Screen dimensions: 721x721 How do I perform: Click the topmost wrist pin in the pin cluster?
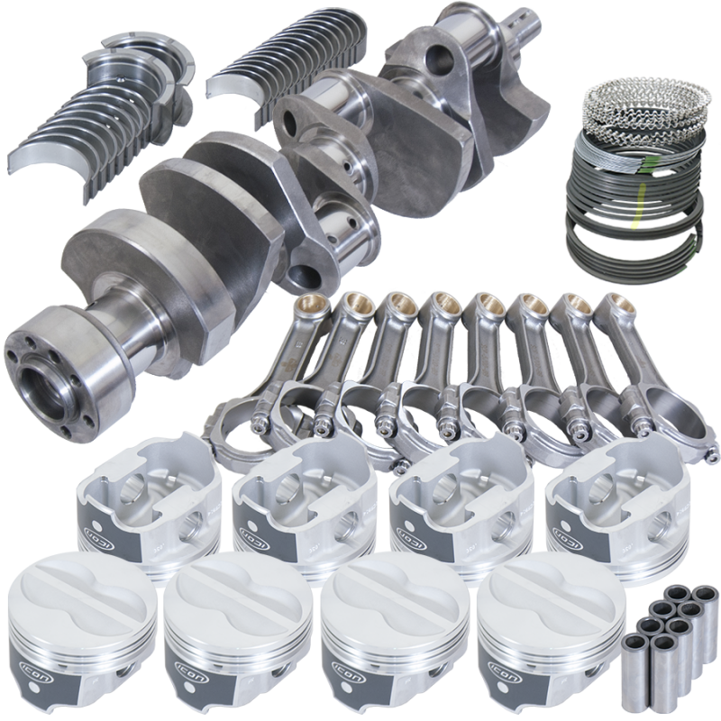(x=680, y=595)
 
